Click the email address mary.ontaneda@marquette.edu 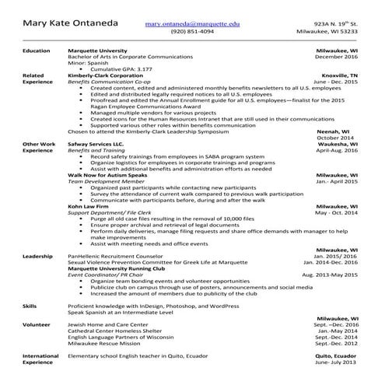click(194, 25)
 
